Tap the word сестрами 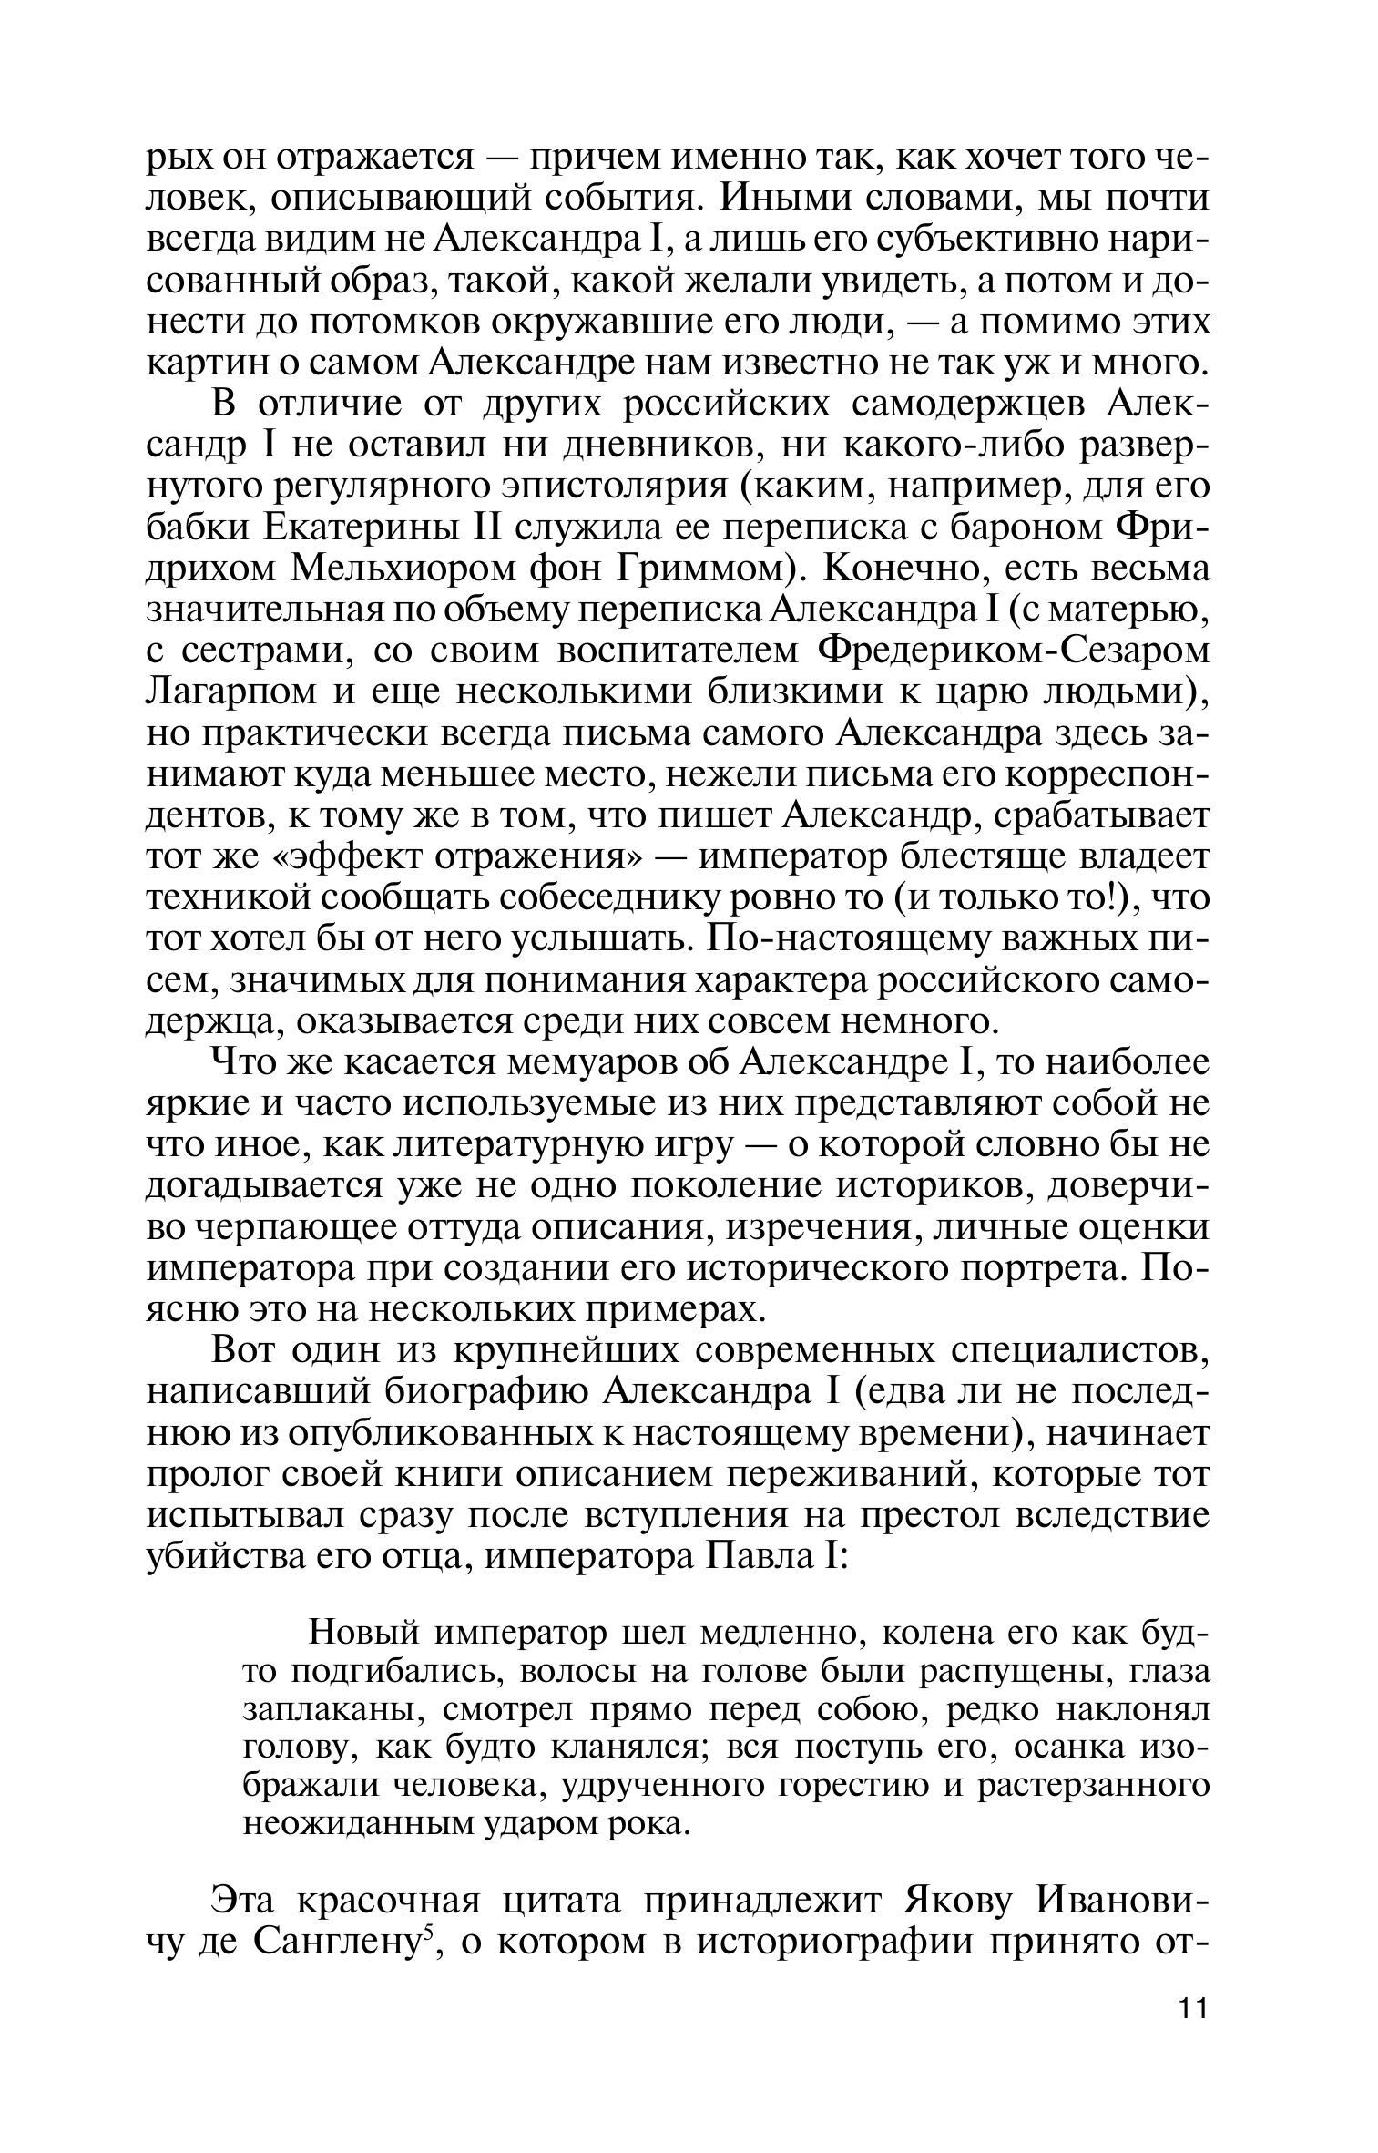click(258, 651)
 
